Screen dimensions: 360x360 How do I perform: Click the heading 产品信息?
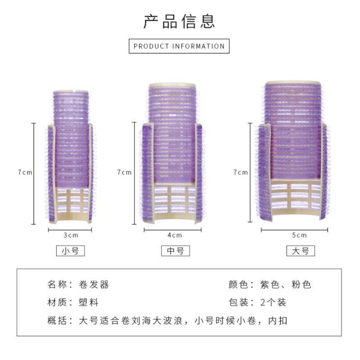click(x=180, y=21)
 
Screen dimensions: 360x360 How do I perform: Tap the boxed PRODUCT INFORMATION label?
click(x=179, y=46)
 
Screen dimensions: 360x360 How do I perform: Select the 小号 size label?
click(x=70, y=251)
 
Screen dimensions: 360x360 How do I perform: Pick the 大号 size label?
click(x=300, y=251)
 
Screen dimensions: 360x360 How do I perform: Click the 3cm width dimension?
click(x=70, y=235)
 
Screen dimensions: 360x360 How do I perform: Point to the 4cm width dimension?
click(x=175, y=235)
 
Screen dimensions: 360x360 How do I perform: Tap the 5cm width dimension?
click(x=299, y=235)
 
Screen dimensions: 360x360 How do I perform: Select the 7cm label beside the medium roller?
click(x=124, y=172)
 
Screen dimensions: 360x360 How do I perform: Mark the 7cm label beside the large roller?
click(x=240, y=172)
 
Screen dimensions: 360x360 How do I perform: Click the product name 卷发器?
click(x=94, y=285)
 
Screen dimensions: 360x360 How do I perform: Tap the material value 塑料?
click(x=88, y=302)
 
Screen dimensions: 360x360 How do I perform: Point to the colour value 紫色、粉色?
click(x=286, y=285)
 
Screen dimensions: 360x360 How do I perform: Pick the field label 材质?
click(x=57, y=302)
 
